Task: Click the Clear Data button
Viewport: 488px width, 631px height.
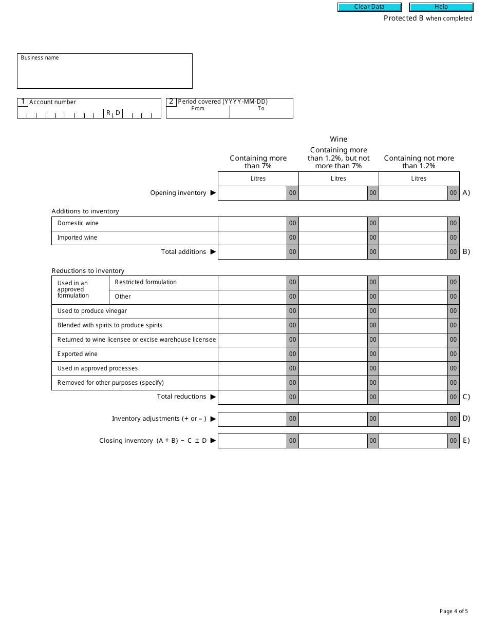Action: click(x=369, y=7)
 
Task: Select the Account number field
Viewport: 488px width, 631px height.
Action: click(x=89, y=112)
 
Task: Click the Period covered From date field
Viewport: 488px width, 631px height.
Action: click(x=198, y=114)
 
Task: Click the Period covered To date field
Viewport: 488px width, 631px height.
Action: click(x=261, y=114)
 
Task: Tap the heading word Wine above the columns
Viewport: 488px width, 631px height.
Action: click(x=339, y=139)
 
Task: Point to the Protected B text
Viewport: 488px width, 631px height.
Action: click(x=403, y=18)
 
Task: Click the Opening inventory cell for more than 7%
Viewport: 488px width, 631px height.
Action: click(x=252, y=193)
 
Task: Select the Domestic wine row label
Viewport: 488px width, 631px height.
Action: click(x=78, y=223)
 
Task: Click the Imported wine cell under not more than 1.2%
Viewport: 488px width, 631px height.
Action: click(x=413, y=238)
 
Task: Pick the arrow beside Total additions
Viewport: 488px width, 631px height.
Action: click(x=213, y=252)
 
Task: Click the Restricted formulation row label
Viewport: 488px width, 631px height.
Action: click(x=146, y=282)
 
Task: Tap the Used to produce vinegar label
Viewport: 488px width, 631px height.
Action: click(x=92, y=311)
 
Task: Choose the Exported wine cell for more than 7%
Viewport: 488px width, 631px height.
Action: click(x=252, y=354)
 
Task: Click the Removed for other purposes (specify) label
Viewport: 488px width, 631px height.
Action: click(x=110, y=383)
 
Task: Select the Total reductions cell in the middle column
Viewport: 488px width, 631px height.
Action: click(x=333, y=397)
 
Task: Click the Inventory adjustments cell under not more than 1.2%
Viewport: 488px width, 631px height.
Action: click(x=413, y=419)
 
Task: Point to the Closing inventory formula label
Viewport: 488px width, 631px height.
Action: click(x=153, y=441)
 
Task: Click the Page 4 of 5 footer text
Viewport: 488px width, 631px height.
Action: click(x=454, y=611)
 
